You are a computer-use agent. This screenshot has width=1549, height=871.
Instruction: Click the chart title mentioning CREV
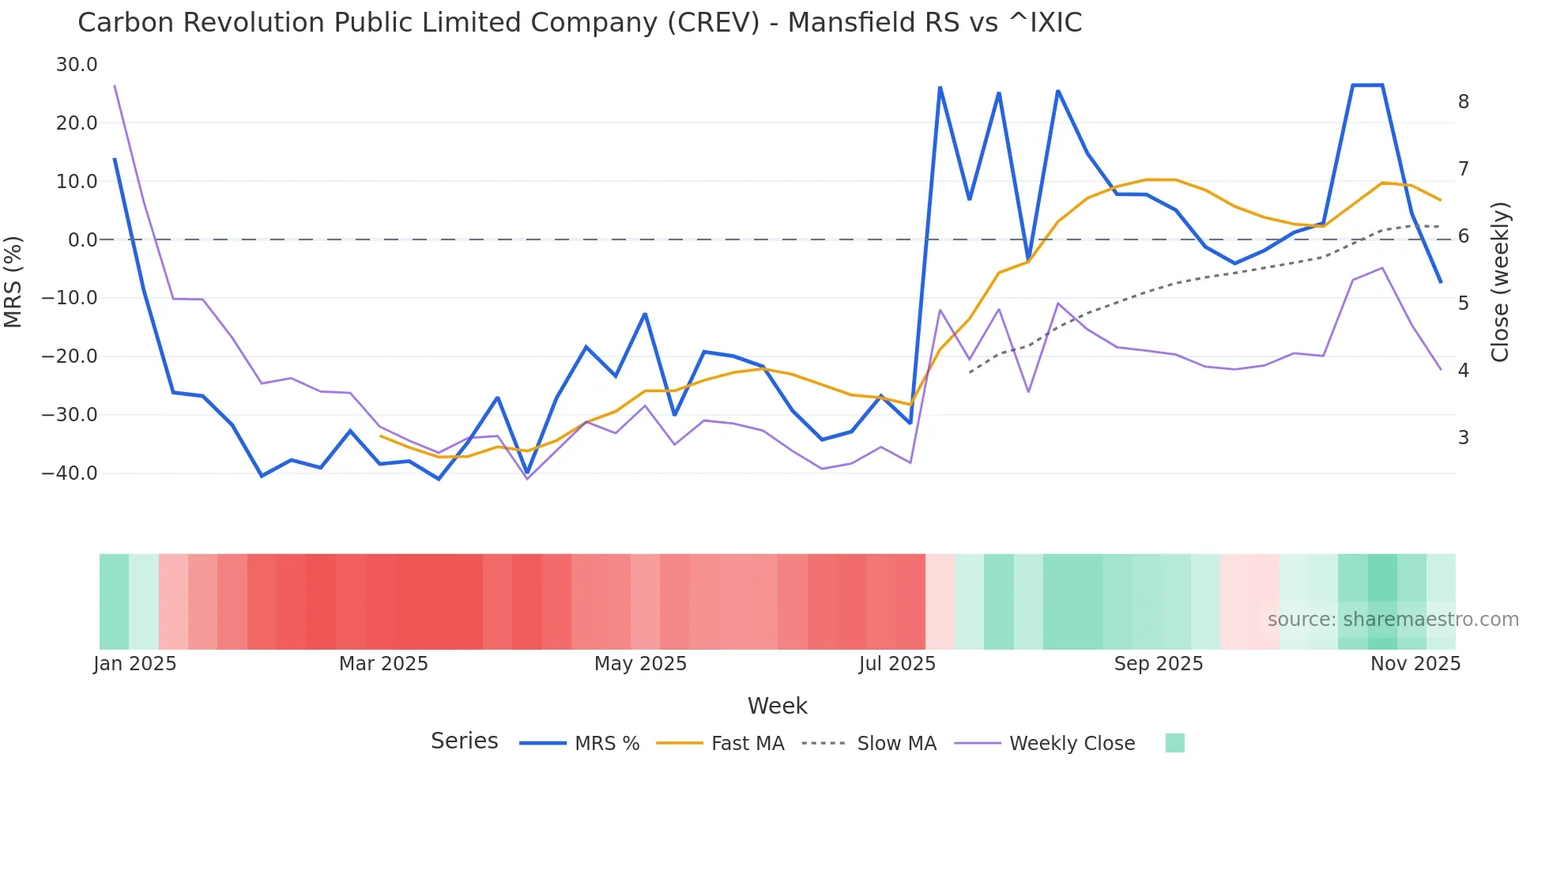tap(579, 23)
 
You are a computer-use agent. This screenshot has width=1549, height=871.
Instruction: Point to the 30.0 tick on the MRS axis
tap(77, 65)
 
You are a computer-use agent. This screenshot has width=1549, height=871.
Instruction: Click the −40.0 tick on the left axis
tap(70, 473)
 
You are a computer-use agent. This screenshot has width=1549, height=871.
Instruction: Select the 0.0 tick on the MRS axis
tap(82, 239)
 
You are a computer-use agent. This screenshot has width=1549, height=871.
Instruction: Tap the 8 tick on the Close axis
tap(1464, 102)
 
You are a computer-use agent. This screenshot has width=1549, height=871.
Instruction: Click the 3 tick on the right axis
tap(1464, 437)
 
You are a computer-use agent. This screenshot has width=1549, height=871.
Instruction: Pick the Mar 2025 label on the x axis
tap(383, 664)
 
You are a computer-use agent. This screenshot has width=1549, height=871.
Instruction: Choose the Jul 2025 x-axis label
tap(897, 664)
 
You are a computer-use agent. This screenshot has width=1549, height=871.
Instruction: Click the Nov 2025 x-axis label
tap(1415, 664)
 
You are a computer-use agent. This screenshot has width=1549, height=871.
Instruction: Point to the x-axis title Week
tap(777, 706)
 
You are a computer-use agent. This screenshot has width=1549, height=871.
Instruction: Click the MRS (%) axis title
tap(13, 281)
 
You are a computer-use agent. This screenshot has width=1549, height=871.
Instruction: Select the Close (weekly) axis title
tap(1500, 281)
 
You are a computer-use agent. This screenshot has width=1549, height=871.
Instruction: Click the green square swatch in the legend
tap(1174, 743)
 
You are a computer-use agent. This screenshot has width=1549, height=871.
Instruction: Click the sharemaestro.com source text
tap(1393, 620)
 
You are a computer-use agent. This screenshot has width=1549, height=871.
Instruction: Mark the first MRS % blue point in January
tap(115, 159)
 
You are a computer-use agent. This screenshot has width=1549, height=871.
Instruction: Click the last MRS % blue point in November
tap(1441, 281)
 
